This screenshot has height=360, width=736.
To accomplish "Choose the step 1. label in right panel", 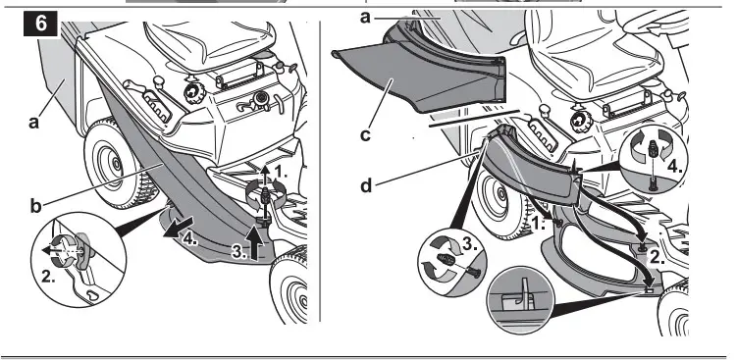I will click(x=538, y=225).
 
